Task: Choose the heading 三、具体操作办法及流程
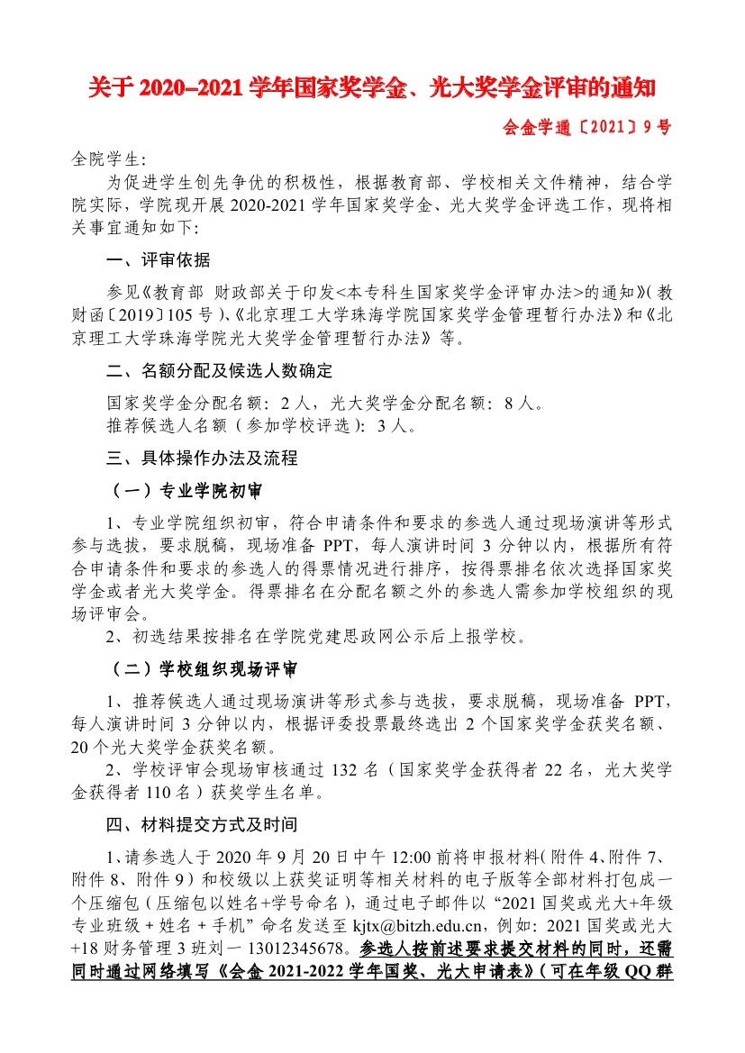201,458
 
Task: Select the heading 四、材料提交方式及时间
201,824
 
